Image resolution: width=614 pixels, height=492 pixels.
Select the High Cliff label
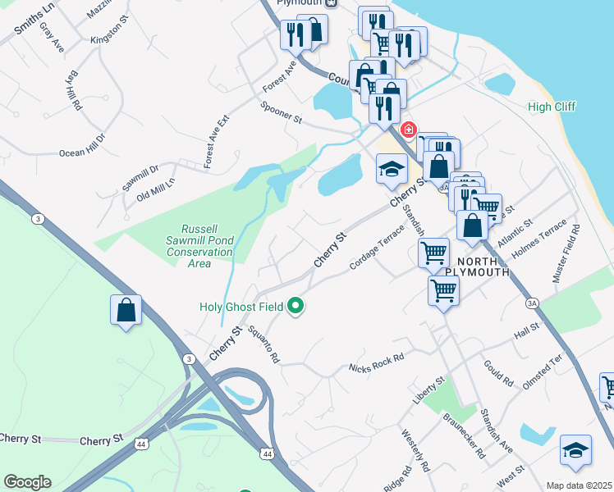[552, 107]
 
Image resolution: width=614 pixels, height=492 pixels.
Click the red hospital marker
[408, 130]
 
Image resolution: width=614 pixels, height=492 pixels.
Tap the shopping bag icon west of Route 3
[126, 310]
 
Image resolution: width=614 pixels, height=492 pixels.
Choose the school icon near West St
[575, 449]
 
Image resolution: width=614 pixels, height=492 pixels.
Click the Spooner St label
[282, 113]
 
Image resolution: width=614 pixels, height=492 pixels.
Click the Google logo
[27, 481]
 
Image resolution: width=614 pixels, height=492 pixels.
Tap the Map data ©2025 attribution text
[579, 485]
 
